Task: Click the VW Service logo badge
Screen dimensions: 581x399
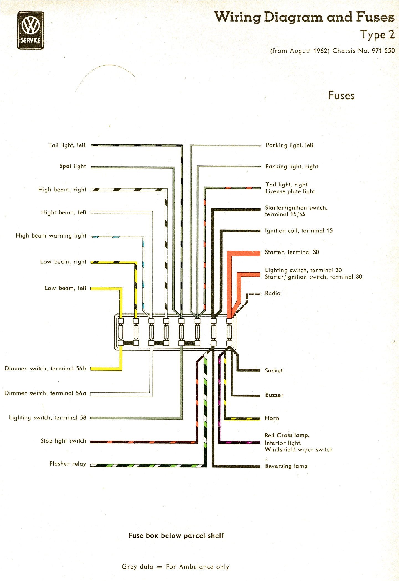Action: click(x=30, y=30)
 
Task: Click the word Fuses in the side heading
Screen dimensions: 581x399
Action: click(x=341, y=95)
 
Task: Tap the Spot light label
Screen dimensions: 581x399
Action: click(x=73, y=166)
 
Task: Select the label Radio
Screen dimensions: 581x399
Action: click(x=273, y=293)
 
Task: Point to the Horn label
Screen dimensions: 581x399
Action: click(x=272, y=418)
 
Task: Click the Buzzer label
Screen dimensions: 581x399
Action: click(x=274, y=395)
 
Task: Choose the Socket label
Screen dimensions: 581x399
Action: click(x=274, y=370)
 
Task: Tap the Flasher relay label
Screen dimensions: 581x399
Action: click(x=68, y=464)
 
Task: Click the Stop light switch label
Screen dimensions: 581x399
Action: click(x=63, y=441)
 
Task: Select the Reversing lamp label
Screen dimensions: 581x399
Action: click(x=286, y=466)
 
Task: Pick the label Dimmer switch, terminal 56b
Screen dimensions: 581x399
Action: click(x=45, y=369)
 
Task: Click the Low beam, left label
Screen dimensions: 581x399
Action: click(x=65, y=288)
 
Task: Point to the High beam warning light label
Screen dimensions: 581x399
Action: click(x=51, y=236)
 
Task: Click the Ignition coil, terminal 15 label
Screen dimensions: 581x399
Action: click(x=299, y=231)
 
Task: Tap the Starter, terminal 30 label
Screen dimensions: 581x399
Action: click(x=292, y=252)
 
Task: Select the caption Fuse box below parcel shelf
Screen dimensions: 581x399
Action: click(x=176, y=535)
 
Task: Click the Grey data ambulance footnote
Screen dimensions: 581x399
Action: click(x=175, y=567)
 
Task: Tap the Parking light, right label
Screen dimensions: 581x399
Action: click(x=291, y=167)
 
